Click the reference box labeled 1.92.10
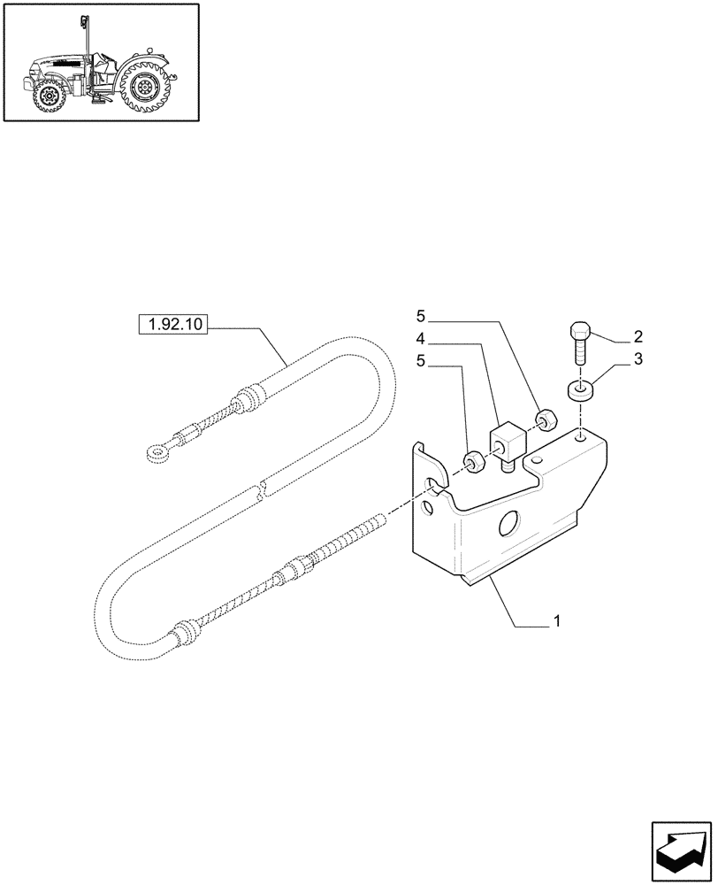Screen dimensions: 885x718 pyautogui.click(x=172, y=325)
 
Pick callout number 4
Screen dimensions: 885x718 pyautogui.click(x=421, y=337)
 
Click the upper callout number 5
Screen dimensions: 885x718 pyautogui.click(x=421, y=316)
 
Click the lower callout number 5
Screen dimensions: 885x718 pyautogui.click(x=421, y=360)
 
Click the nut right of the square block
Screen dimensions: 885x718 pyautogui.click(x=546, y=419)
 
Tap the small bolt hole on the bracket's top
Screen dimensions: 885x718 pyautogui.click(x=578, y=435)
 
